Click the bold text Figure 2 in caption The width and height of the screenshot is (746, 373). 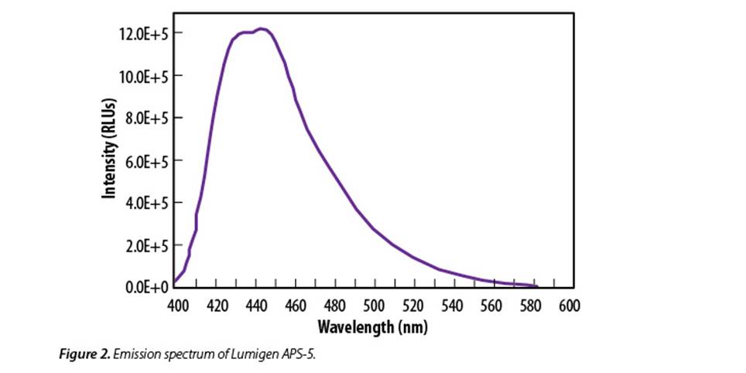[84, 353]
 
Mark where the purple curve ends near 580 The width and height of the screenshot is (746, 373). [536, 286]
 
